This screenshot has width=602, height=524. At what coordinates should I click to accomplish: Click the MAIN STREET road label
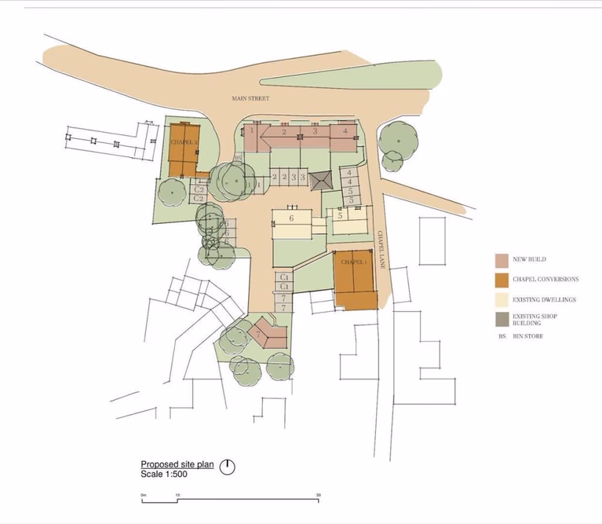click(250, 98)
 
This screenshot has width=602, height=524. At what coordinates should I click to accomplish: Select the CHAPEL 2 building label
click(184, 142)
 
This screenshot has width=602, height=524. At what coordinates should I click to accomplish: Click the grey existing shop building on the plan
click(320, 181)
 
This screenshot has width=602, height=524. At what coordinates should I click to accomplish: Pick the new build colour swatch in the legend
click(501, 259)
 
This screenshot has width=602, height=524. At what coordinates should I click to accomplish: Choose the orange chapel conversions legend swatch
click(501, 279)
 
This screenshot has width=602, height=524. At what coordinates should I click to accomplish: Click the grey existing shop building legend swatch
click(501, 319)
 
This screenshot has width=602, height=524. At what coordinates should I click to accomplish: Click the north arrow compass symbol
click(228, 467)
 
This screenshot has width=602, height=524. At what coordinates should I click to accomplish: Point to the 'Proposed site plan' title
click(177, 464)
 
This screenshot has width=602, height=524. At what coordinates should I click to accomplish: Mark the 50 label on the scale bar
click(319, 495)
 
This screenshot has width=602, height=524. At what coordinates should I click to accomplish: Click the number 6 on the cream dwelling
click(291, 218)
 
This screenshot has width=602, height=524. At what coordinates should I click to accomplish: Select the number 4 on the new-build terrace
click(345, 130)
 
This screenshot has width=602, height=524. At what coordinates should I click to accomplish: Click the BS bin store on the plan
click(238, 158)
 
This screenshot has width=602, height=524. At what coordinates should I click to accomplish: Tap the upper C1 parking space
click(285, 278)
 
